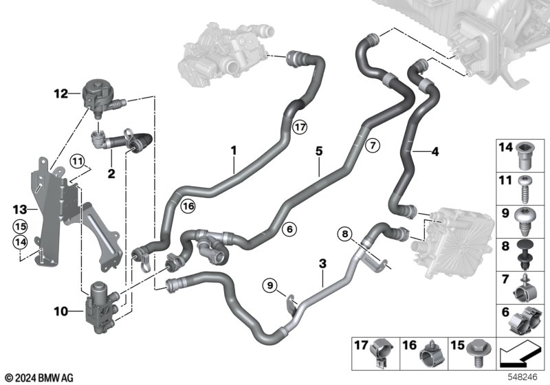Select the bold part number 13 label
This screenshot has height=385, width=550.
coord(19,208)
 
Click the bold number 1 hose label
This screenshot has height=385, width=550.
coord(233,149)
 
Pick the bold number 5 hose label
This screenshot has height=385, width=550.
coord(318,148)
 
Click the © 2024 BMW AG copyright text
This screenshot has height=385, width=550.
coord(38,377)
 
